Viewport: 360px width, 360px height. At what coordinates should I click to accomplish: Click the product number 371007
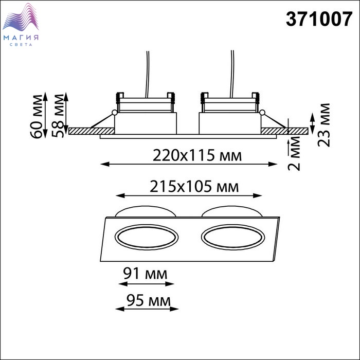[x=319, y=19]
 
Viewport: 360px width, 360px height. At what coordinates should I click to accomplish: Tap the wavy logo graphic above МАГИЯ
[x=21, y=17]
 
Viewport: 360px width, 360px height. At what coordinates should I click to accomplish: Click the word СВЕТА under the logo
[x=21, y=45]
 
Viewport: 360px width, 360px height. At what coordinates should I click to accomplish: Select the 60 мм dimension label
[x=37, y=116]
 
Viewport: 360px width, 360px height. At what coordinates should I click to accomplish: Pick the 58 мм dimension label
[x=58, y=116]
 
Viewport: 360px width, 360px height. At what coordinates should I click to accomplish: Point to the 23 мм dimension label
[x=323, y=125]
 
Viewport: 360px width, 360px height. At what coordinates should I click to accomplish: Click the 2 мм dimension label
[x=294, y=153]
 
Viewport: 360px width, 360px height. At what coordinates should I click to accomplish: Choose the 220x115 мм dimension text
[x=197, y=155]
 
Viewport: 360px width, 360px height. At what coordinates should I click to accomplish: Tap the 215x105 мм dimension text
[x=194, y=186]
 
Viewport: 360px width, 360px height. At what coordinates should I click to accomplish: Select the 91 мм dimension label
[x=145, y=274]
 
